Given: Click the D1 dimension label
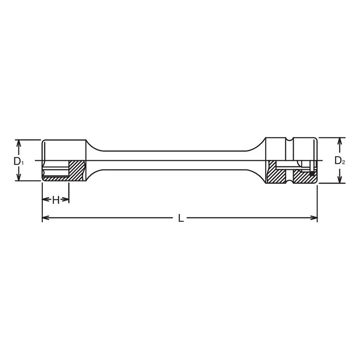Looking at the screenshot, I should [17, 161].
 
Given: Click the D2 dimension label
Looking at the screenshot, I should [339, 160].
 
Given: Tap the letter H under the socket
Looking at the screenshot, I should [55, 200].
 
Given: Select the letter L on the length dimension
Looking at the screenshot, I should [180, 218].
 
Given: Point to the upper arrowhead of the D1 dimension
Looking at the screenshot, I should [18, 142].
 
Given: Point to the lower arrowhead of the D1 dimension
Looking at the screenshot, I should [18, 178].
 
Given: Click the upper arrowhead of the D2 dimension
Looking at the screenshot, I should [340, 140].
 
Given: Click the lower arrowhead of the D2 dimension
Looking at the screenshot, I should [340, 180].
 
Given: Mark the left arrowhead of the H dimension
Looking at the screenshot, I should [45, 200].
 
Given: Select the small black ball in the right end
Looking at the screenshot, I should [311, 172].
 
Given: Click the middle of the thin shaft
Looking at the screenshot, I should [180, 160].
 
